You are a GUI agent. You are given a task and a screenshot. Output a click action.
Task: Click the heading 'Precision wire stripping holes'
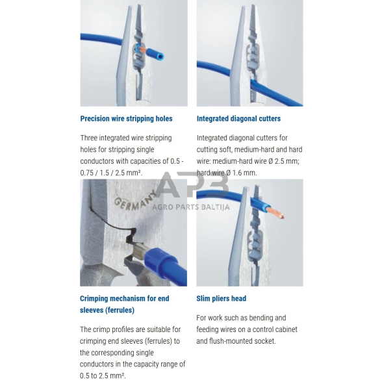click(x=126, y=118)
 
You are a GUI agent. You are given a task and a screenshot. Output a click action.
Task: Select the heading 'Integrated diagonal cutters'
click(x=238, y=118)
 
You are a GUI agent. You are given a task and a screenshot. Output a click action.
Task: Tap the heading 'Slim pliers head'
click(x=221, y=298)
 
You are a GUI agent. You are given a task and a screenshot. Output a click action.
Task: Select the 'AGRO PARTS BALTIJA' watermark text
click(x=190, y=207)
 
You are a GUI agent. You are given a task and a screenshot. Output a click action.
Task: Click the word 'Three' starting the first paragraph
click(x=89, y=138)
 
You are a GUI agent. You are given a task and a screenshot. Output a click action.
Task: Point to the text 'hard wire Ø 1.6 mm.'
click(x=227, y=173)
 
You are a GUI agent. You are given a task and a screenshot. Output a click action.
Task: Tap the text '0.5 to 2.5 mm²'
click(x=103, y=376)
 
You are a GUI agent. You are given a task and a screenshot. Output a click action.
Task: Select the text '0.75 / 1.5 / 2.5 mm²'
click(x=111, y=173)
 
